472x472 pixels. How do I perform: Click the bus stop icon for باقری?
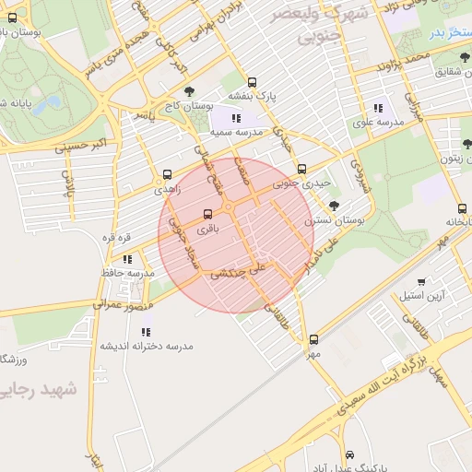coord(207,215)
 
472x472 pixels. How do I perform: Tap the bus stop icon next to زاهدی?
coord(167,174)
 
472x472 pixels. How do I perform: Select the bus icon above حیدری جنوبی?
coord(302,169)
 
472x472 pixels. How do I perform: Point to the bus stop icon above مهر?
coord(314,339)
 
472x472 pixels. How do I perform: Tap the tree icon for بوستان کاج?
coord(190,91)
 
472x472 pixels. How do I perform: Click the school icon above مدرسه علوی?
coord(378,109)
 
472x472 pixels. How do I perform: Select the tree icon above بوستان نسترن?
coord(334,206)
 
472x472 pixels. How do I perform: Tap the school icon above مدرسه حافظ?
coord(127,259)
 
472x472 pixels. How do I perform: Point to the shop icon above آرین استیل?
coord(421,282)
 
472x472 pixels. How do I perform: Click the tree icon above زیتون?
coord(466,144)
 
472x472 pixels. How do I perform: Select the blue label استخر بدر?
coord(448,33)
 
